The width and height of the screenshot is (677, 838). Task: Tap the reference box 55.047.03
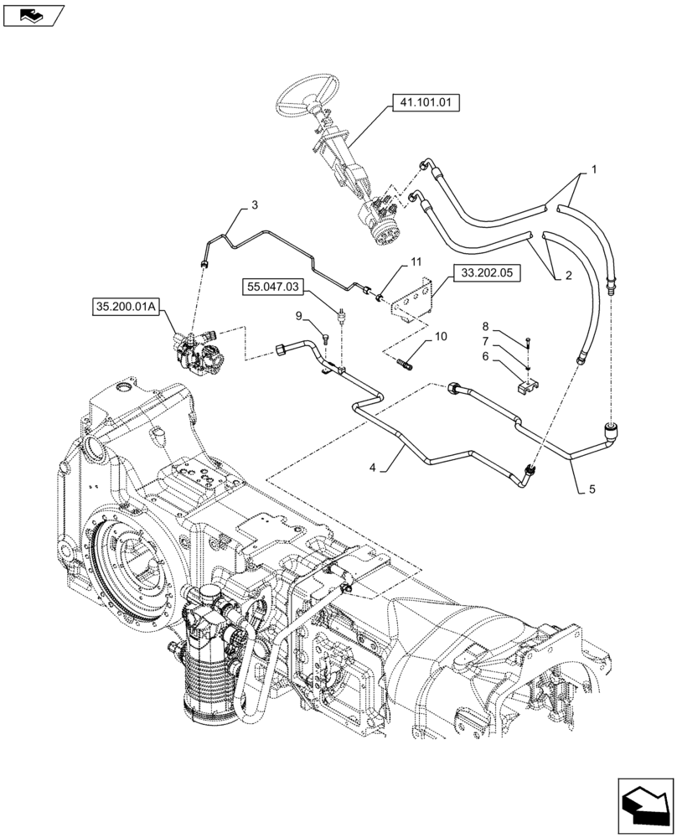(273, 287)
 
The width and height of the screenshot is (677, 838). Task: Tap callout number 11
(416, 263)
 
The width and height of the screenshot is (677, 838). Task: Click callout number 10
(441, 337)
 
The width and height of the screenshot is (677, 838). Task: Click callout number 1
(594, 169)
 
